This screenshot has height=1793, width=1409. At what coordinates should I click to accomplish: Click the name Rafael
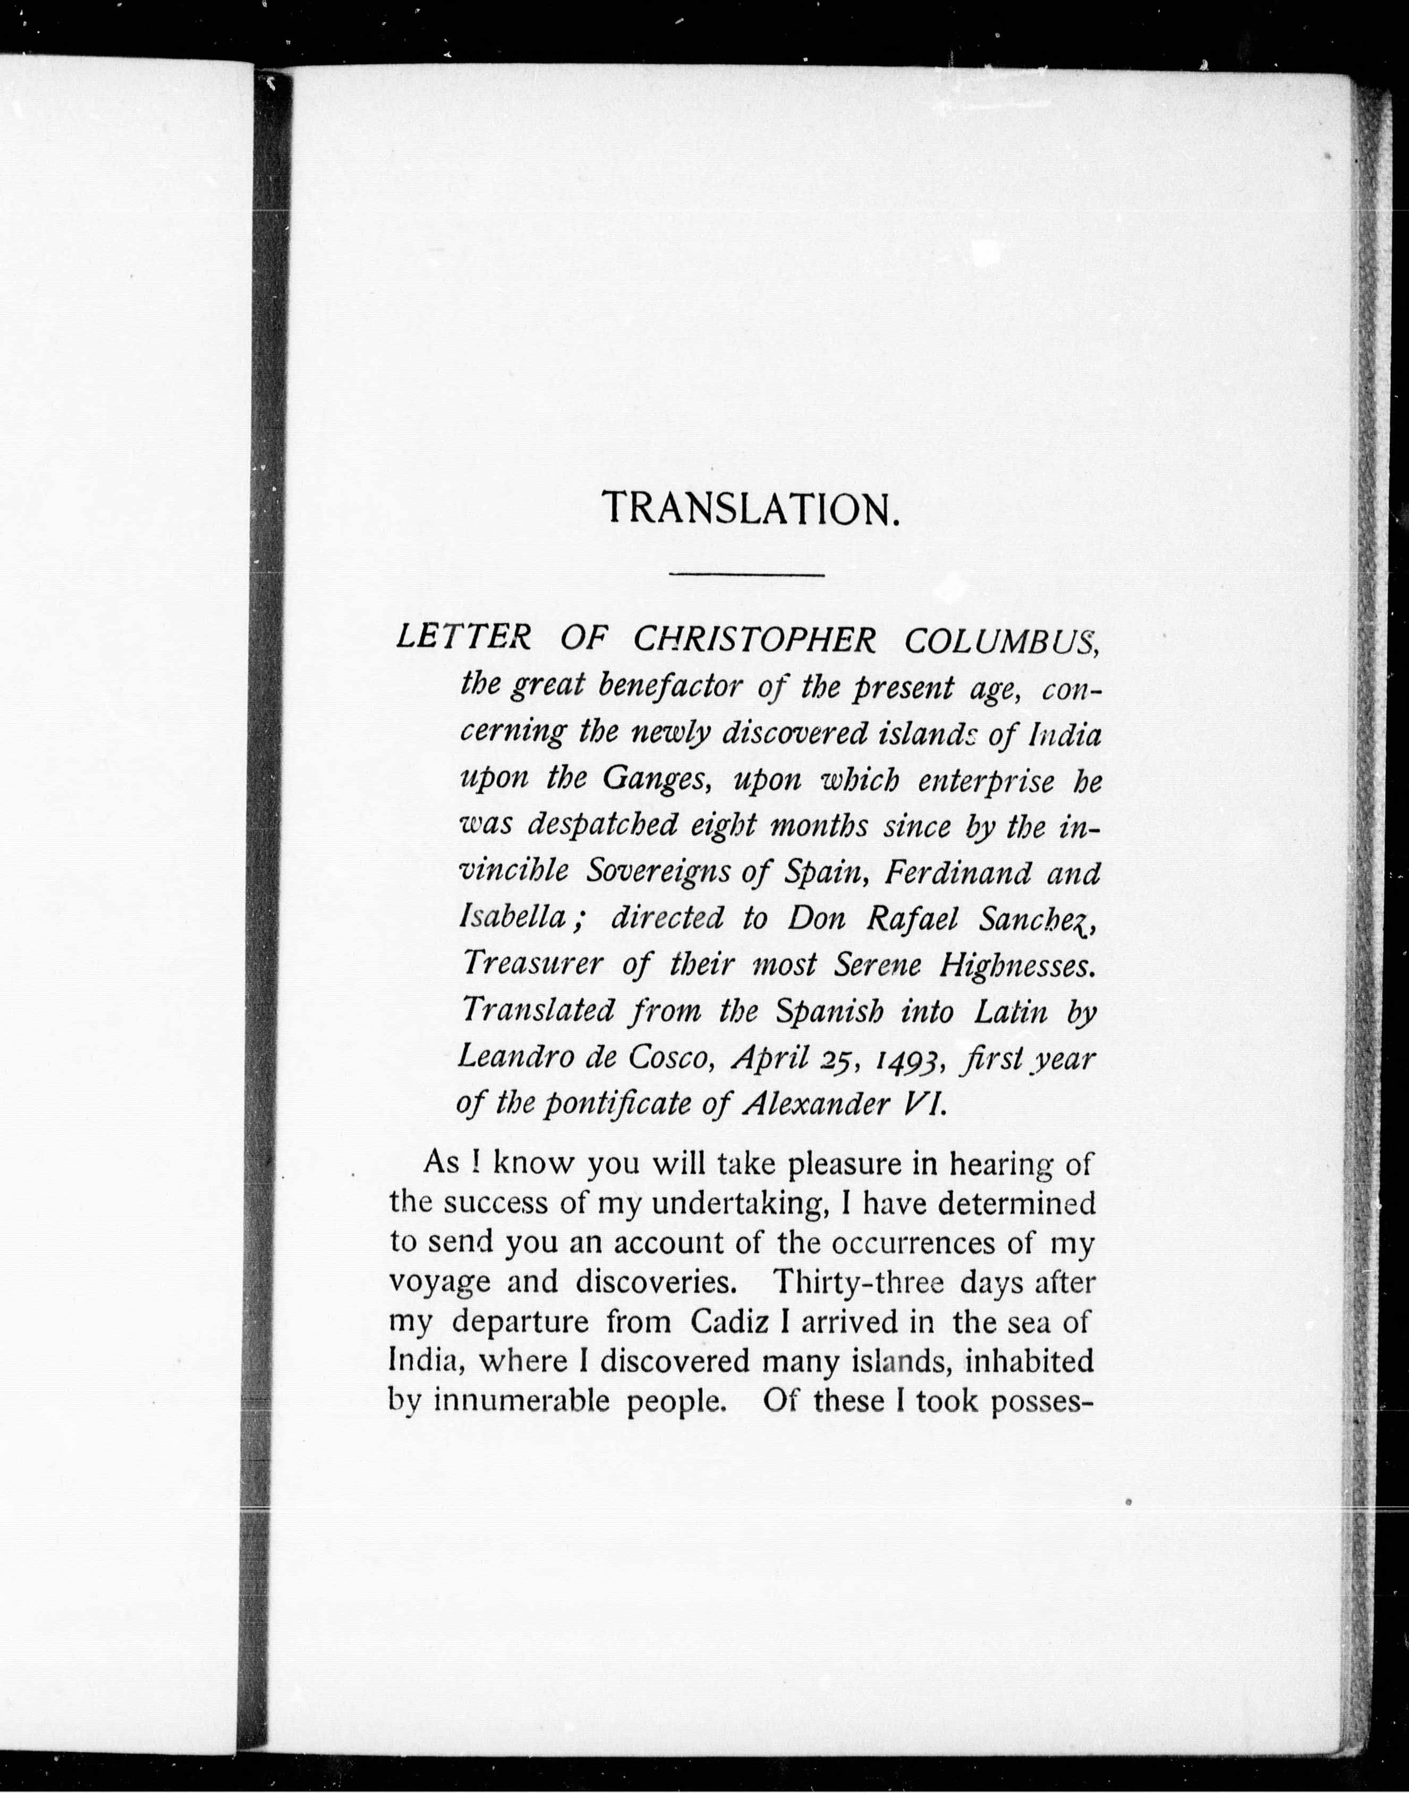pos(912,918)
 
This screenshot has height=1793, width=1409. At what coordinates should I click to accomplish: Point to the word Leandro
pos(514,1057)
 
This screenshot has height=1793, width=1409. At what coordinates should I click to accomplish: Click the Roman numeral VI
pos(922,1104)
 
